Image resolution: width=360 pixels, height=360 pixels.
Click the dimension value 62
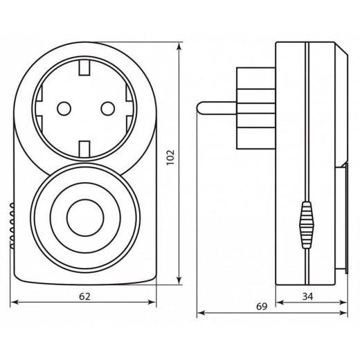[x=84, y=296]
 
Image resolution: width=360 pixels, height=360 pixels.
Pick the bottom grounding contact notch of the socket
[x=84, y=147]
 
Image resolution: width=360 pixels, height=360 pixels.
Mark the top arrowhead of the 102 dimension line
[x=180, y=46]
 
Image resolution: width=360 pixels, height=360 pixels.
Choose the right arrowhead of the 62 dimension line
[x=154, y=302]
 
